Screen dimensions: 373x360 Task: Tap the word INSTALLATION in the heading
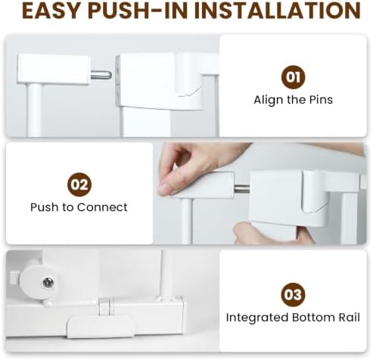pyautogui.click(x=278, y=11)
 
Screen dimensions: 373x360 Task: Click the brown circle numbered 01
pyautogui.click(x=293, y=77)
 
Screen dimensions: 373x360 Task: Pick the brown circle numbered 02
pyautogui.click(x=79, y=185)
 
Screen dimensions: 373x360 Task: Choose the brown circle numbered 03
pyautogui.click(x=293, y=294)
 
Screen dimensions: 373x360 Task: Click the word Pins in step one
pyautogui.click(x=321, y=100)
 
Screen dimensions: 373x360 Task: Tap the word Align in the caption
pyautogui.click(x=269, y=100)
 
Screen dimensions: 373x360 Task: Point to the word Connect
pyautogui.click(x=102, y=207)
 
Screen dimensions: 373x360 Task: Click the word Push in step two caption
pyautogui.click(x=45, y=207)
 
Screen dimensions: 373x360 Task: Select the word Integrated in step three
pyautogui.click(x=257, y=318)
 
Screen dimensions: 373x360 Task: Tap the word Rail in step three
pyautogui.click(x=350, y=318)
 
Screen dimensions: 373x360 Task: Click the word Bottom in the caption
pyautogui.click(x=313, y=318)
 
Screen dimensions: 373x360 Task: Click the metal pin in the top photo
pyautogui.click(x=101, y=75)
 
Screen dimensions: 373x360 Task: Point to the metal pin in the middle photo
pyautogui.click(x=242, y=188)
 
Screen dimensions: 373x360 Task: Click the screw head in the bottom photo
pyautogui.click(x=48, y=282)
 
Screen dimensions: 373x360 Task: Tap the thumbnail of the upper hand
pyautogui.click(x=165, y=188)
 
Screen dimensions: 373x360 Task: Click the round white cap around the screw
pyautogui.click(x=38, y=282)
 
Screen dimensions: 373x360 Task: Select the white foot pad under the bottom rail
pyautogui.click(x=101, y=327)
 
